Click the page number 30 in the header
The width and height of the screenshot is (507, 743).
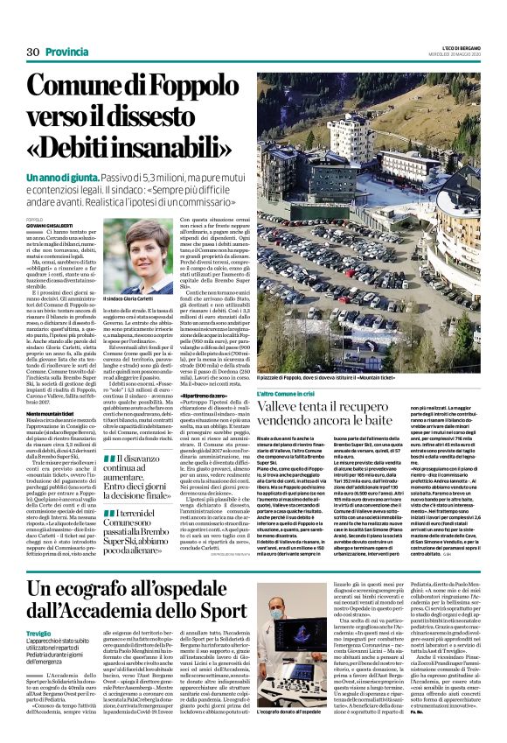33,53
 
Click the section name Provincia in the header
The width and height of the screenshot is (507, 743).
66,53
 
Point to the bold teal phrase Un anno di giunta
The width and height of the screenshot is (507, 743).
59,178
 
